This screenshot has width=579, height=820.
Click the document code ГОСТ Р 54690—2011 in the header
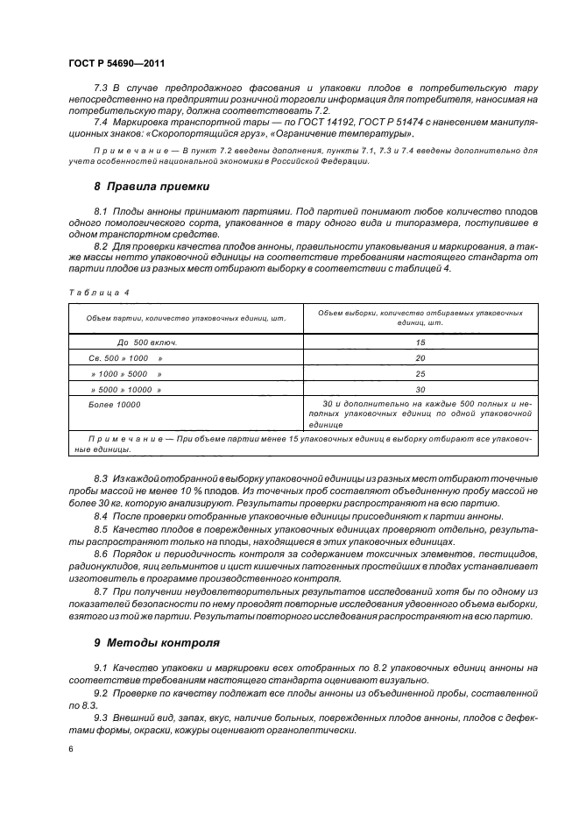pos(117,63)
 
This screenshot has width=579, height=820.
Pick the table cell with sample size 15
pos(420,343)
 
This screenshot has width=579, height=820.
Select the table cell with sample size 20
pos(420,358)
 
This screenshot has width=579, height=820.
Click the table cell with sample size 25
pos(420,374)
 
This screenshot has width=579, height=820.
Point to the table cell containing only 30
pos(420,389)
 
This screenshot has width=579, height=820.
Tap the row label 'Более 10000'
pos(115,405)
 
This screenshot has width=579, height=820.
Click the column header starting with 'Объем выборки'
pos(420,317)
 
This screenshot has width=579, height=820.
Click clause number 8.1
pos(101,213)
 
